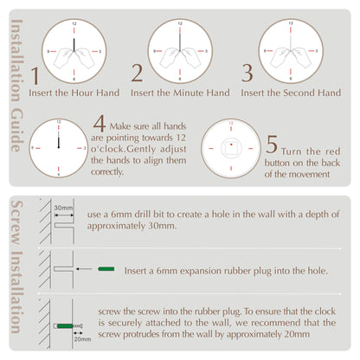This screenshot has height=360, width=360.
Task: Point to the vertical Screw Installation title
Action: [17, 277]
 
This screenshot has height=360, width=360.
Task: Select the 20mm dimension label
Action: [82, 339]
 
